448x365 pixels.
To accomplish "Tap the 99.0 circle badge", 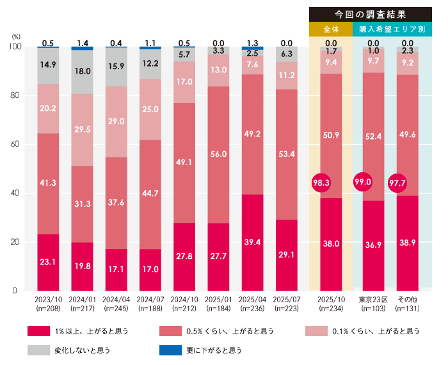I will coord(363,182).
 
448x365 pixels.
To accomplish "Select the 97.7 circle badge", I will coord(398,184).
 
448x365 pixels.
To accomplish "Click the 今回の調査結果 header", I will coord(370,14).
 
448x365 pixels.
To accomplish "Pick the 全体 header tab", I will coord(330,29).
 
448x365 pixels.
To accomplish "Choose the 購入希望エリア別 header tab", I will coord(392,29).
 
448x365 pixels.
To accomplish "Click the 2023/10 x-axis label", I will coord(48,298).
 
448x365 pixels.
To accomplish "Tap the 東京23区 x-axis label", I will coord(374,298).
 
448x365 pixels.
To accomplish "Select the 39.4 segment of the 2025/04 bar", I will coord(253,242).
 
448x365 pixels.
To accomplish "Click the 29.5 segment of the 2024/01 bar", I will coord(83,130).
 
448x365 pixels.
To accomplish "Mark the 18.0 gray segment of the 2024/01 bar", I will coord(83,72).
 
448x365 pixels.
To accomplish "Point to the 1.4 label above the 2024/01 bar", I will coord(83,42).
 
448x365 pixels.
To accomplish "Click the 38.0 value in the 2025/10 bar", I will coord(331,243).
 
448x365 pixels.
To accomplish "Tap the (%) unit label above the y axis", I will coord(16,37).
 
